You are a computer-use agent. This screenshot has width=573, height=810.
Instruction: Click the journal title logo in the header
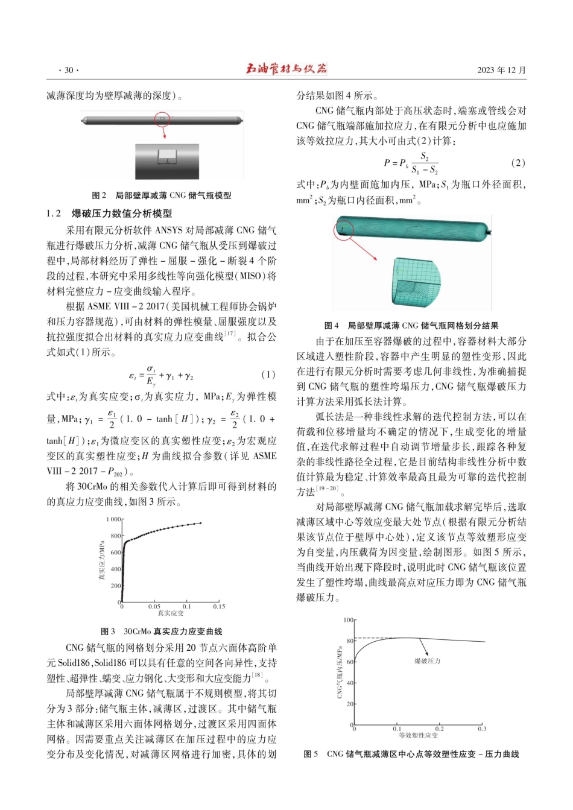point(286,69)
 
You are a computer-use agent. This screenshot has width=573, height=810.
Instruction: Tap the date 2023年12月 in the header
point(501,70)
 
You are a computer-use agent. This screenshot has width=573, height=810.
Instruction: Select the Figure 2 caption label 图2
point(99,195)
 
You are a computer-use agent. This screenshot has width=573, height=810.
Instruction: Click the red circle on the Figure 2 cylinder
point(162,119)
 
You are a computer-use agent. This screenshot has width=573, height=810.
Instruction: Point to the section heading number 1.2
point(54,214)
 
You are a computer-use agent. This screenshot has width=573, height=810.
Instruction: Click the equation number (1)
point(268,375)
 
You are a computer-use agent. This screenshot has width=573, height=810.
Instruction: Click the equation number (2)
point(518,163)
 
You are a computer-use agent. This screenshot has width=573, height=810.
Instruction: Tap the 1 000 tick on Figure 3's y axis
point(113,519)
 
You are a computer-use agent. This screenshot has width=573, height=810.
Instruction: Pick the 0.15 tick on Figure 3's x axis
point(218,607)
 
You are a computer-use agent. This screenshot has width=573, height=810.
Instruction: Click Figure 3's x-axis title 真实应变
point(171,613)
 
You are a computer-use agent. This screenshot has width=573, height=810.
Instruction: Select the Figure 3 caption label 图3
point(107,631)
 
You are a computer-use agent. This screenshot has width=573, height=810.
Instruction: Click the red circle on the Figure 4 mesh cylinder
point(343,230)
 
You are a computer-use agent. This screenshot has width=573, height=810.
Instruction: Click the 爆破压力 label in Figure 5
point(427,661)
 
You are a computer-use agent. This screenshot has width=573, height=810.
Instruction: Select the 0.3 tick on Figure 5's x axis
point(482,729)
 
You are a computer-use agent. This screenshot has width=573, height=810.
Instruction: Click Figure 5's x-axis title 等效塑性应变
point(418,735)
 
